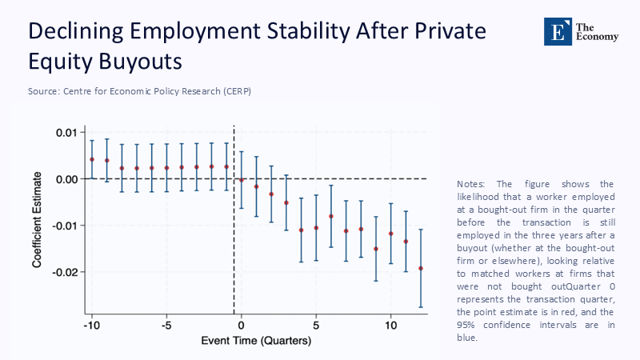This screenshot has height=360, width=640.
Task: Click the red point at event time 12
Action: pos(421,268)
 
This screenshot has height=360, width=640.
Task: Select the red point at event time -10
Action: pos(92,159)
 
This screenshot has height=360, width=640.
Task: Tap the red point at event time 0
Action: pos(242,180)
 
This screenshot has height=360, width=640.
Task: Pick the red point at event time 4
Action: pos(302,230)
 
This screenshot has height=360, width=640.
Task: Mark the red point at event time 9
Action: pos(376,249)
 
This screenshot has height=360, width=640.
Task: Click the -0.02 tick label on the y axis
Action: pos(66,272)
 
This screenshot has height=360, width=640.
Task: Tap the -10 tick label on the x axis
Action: pos(91,326)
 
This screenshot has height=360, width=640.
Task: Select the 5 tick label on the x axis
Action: pos(316,326)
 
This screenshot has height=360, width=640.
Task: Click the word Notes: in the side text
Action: pos(471,183)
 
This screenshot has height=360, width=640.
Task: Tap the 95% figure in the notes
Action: pos(467,325)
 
